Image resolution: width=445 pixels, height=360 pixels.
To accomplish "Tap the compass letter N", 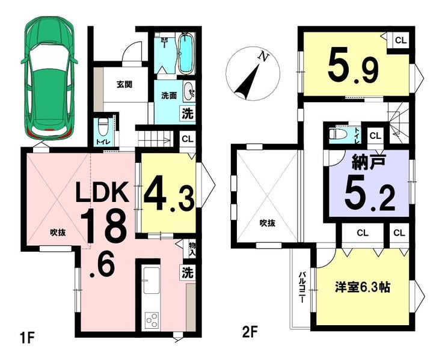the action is click(263, 57).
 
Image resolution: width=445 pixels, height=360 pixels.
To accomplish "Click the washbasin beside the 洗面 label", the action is click(189, 91).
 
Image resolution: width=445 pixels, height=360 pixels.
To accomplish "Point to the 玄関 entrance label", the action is click(124, 84).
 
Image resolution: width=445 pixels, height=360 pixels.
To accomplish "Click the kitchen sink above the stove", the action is click(152, 280).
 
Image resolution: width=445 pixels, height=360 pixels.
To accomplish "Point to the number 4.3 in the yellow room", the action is click(169, 194).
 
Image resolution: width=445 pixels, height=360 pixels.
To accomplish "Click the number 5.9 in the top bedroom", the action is click(354, 68).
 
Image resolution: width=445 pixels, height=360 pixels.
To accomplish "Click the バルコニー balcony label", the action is click(301, 287).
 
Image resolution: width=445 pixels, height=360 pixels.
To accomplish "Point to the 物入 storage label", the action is click(192, 249).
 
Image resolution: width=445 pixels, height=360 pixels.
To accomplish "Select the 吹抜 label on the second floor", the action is click(268, 224).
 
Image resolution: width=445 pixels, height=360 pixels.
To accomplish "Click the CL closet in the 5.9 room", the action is click(400, 40).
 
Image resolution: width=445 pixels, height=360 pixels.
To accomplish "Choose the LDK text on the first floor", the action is click(101, 192).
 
